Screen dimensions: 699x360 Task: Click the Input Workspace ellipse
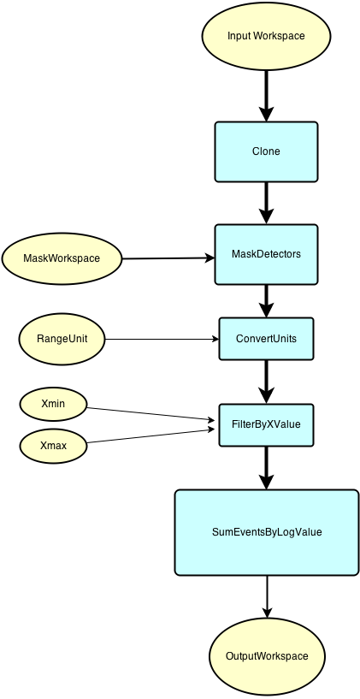pos(266,36)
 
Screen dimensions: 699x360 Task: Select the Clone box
pos(266,151)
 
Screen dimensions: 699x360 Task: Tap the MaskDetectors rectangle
pos(266,254)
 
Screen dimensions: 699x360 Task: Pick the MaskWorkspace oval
pos(62,258)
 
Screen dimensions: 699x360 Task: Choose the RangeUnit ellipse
pos(62,339)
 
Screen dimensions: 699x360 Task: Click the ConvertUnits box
pos(266,339)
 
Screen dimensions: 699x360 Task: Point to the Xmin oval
pos(54,403)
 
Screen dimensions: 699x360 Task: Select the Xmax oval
pos(54,446)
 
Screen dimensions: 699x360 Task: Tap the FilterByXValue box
pos(266,424)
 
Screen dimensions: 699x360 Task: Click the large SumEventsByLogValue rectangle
pos(266,532)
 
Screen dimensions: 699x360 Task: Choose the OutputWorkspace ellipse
pos(266,656)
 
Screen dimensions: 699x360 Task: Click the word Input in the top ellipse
pos(239,36)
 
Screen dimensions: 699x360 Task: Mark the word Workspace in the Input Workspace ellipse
pos(280,36)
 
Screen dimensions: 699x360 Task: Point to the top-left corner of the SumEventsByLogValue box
pos(177,492)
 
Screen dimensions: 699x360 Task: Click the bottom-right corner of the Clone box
pos(316,180)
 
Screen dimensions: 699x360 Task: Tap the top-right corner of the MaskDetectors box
pos(316,227)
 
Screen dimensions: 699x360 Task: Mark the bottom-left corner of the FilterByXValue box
pos(221,444)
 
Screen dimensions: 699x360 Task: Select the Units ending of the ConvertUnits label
pos(284,339)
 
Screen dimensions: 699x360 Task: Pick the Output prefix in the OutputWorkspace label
pos(242,656)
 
